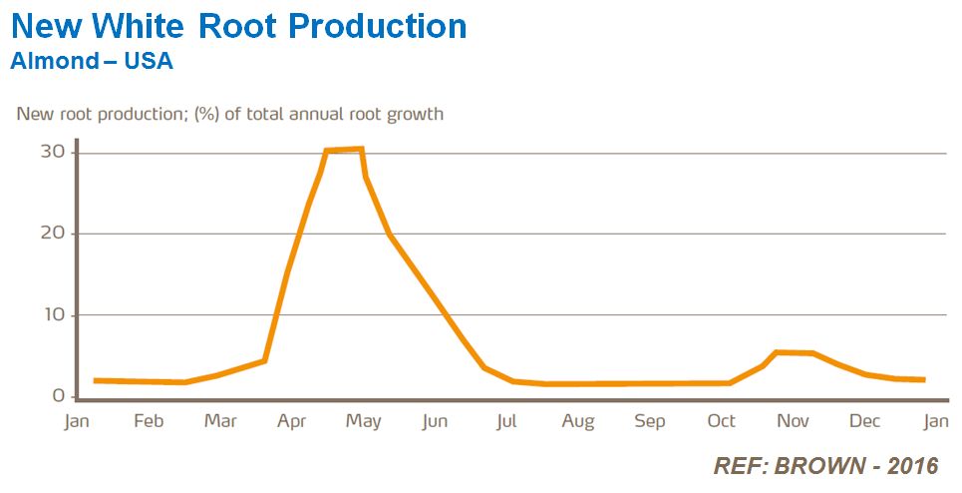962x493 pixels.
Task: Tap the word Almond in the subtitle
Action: pos(54,62)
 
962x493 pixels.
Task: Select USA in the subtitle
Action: pos(152,62)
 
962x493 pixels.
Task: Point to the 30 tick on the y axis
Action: pos(53,152)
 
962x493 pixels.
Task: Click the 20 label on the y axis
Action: pos(53,234)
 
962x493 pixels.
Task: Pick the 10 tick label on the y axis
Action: pos(53,315)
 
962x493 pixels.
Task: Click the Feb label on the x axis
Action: pos(149,422)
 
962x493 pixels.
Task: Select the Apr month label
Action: pos(292,422)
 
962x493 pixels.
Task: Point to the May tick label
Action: pos(364,422)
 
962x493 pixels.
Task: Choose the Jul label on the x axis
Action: pos(506,422)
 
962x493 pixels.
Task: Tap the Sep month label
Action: pos(650,422)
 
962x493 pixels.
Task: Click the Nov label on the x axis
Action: pos(793,422)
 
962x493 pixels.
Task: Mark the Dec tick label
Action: pos(864,422)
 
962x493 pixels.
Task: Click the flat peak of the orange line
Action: pos(344,150)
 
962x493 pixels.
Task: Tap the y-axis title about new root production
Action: pos(229,114)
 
